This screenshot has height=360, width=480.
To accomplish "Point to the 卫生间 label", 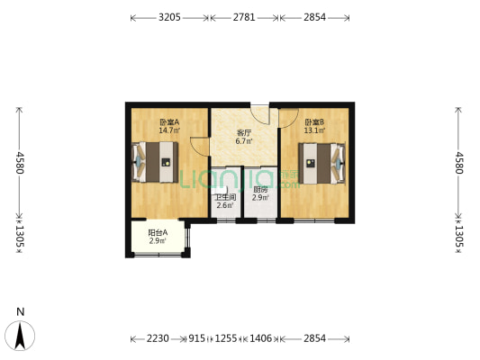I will [x=225, y=197].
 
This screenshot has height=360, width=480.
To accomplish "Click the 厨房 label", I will [x=259, y=189].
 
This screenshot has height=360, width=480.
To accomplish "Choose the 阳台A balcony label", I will [x=157, y=234].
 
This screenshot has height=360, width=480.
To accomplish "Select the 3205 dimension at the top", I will [x=169, y=17].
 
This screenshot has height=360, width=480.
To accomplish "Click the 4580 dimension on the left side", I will [x=17, y=162].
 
